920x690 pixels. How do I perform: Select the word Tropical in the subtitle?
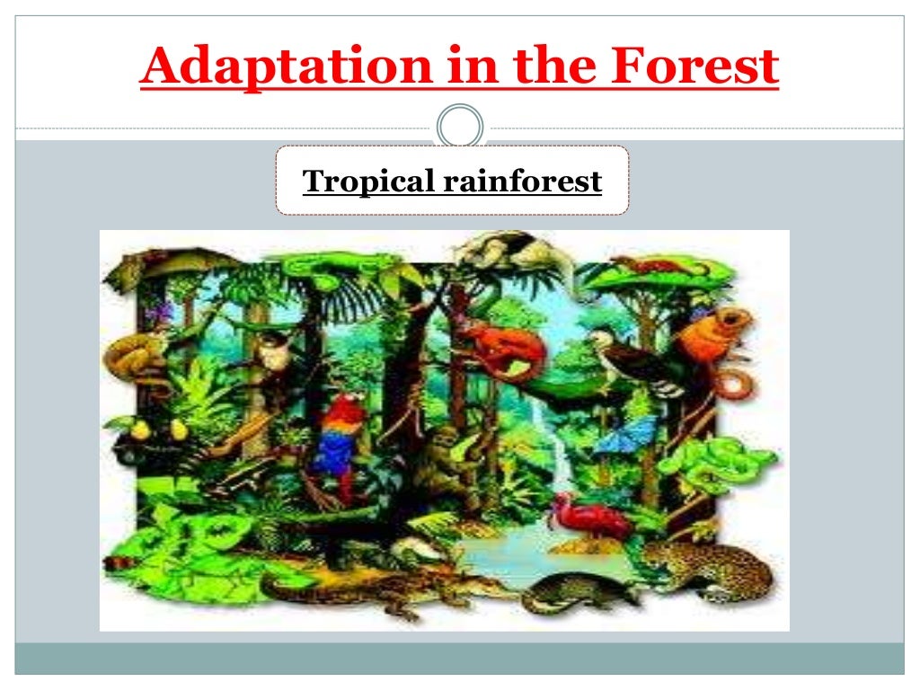pos(367,181)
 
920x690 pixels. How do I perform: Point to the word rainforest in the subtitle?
pos(521,181)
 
